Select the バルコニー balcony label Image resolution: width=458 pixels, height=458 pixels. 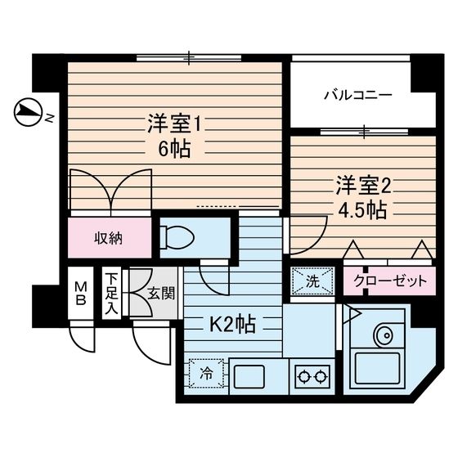tap(358, 95)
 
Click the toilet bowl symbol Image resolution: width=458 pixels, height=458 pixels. tap(177, 237)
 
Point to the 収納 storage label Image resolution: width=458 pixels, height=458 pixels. tap(108, 239)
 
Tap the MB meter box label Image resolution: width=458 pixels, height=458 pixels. tap(80, 294)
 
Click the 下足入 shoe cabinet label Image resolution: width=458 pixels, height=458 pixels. tap(111, 294)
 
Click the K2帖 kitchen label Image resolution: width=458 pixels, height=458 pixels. tap(233, 324)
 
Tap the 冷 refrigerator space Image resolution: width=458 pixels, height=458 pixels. tap(206, 373)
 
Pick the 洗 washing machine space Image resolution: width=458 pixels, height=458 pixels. tap(312, 281)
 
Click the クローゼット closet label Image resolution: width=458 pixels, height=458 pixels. tap(390, 281)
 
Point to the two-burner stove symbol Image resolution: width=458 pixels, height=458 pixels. tap(312, 376)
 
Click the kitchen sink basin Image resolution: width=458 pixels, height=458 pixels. tap(249, 376)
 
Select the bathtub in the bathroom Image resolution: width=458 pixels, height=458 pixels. tap(377, 370)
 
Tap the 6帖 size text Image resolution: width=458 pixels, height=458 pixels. tap(174, 150)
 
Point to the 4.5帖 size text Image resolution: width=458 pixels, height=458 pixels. tap(362, 210)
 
